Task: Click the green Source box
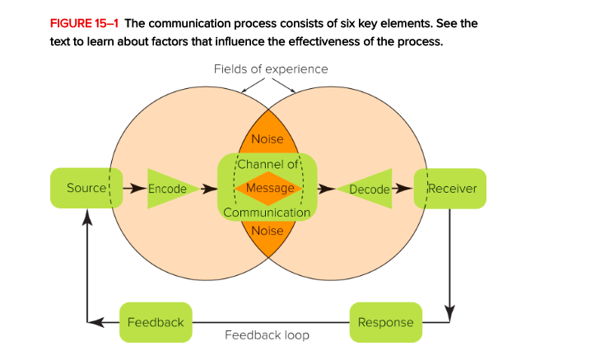[x=86, y=189]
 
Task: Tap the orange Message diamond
[x=267, y=189]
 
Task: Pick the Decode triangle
[x=366, y=189]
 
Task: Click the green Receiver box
[x=450, y=189]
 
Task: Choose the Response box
[x=386, y=321]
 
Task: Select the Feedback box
[x=156, y=321]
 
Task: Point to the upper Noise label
[x=267, y=139]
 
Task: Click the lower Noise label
[x=267, y=231]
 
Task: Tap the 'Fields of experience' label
[x=271, y=69]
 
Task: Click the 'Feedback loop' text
[x=268, y=335]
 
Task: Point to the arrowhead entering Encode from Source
[x=142, y=189]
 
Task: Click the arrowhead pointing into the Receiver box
[x=407, y=189]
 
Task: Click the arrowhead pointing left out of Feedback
[x=95, y=321]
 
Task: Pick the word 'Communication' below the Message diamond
[x=267, y=213]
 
